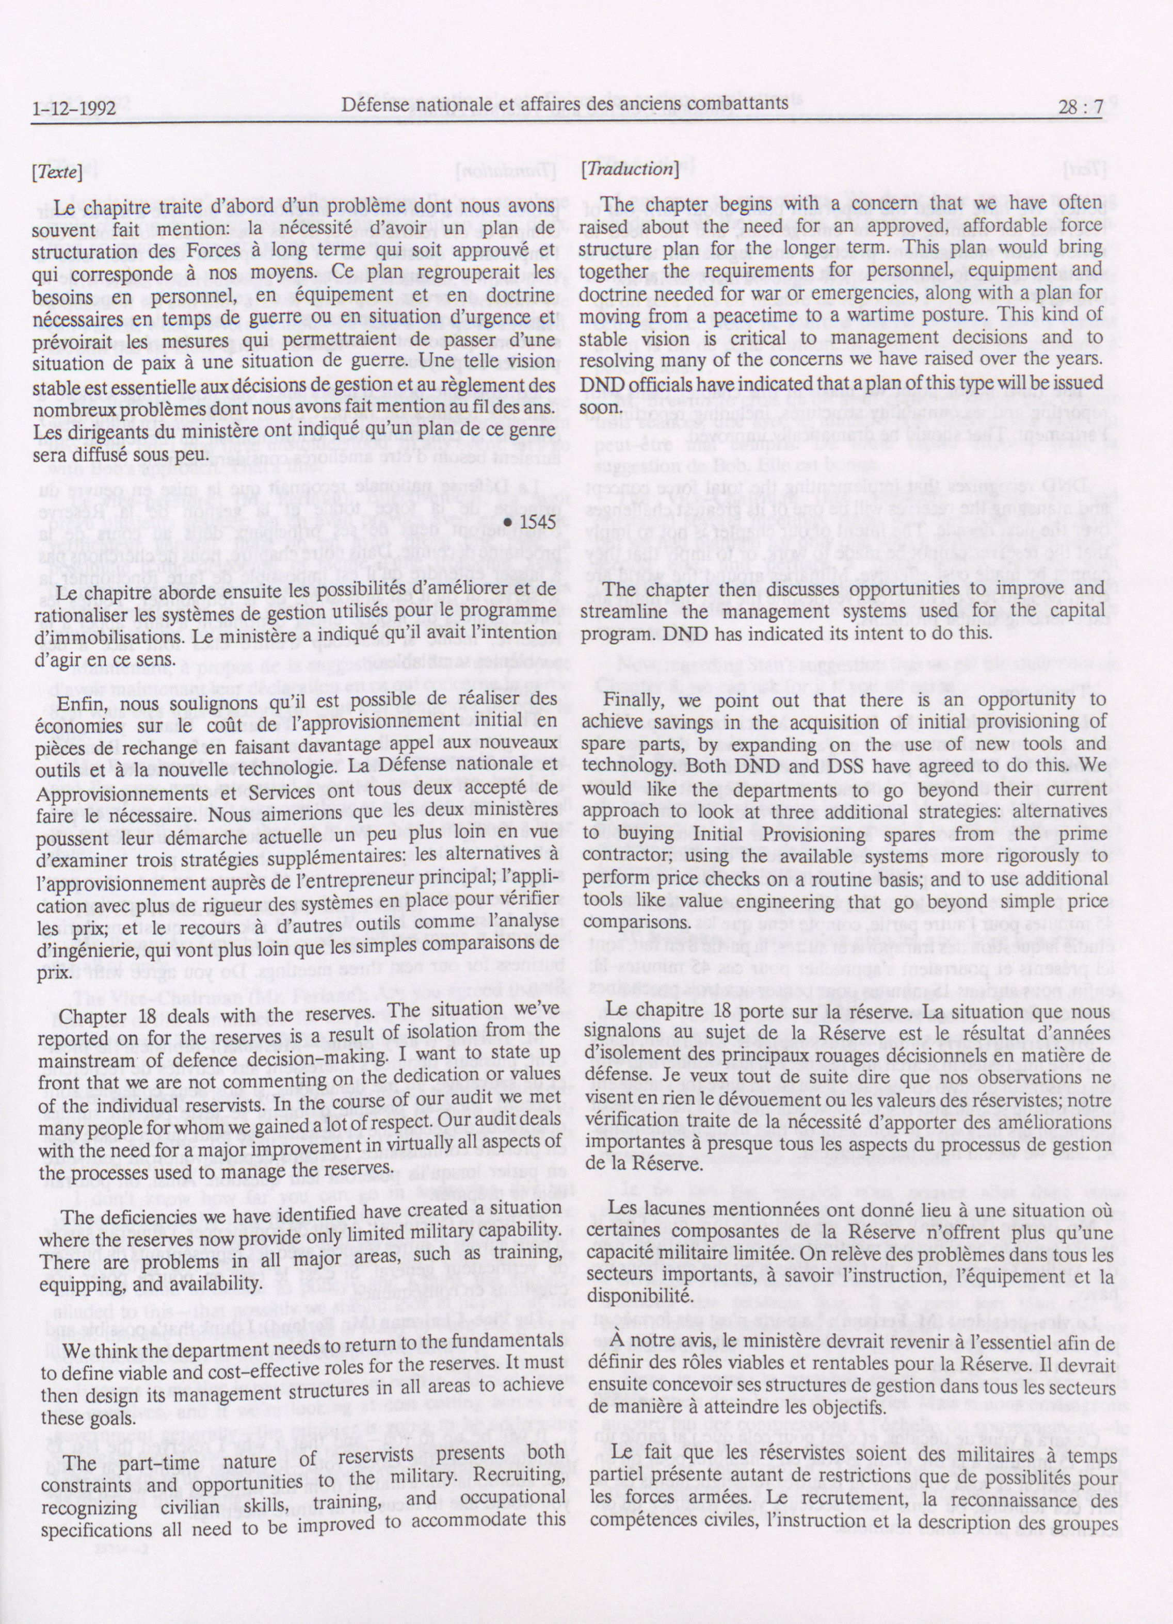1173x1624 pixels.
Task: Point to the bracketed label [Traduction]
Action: click(x=630, y=169)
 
